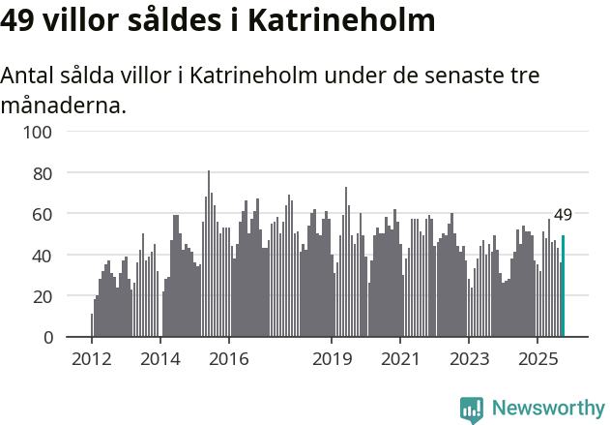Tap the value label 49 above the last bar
563,215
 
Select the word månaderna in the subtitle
63,105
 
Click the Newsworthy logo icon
472,409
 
